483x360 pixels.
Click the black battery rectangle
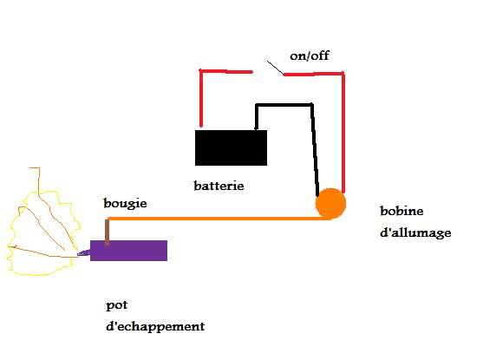pyautogui.click(x=231, y=147)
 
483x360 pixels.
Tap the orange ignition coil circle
pyautogui.click(x=331, y=204)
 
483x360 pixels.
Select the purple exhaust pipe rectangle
pyautogui.click(x=128, y=251)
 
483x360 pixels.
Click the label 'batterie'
pyautogui.click(x=219, y=186)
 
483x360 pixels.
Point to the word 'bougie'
pyautogui.click(x=125, y=204)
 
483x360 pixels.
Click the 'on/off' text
pyautogui.click(x=310, y=56)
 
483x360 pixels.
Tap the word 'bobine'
pyautogui.click(x=401, y=211)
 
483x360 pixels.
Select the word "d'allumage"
pyautogui.click(x=415, y=232)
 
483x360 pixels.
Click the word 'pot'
pyautogui.click(x=117, y=305)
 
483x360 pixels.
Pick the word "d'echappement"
pyautogui.click(x=155, y=327)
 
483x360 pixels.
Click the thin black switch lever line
pyautogui.click(x=275, y=68)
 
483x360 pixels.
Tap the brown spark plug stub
pyautogui.click(x=107, y=232)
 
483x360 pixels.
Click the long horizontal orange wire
pyautogui.click(x=216, y=219)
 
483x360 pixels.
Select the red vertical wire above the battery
pyautogui.click(x=201, y=99)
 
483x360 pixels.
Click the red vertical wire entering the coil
pyautogui.click(x=343, y=133)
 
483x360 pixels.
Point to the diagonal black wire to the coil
pyautogui.click(x=315, y=150)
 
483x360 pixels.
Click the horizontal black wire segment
pyautogui.click(x=284, y=105)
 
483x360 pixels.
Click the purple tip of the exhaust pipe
pyautogui.click(x=83, y=253)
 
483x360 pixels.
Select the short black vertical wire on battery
pyautogui.click(x=257, y=117)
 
